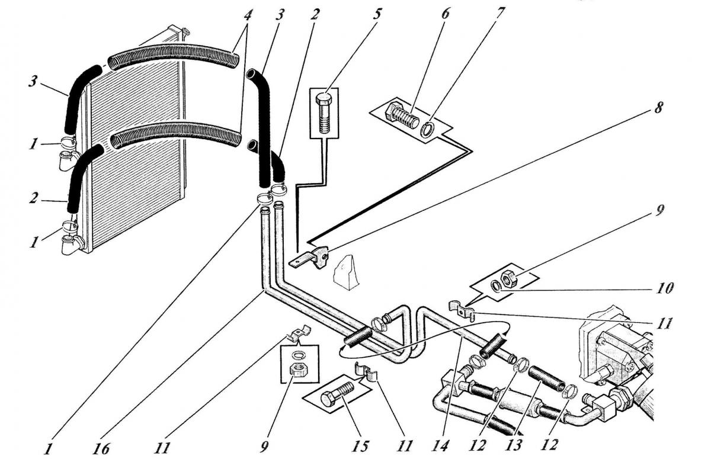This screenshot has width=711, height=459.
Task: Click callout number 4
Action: [248, 15]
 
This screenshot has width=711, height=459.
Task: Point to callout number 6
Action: [445, 14]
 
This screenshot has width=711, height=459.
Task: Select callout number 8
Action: [659, 108]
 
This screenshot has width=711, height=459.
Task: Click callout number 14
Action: [441, 446]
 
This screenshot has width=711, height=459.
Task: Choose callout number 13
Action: [514, 446]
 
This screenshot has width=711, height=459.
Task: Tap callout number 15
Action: [361, 447]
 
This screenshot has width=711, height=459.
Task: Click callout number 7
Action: [498, 14]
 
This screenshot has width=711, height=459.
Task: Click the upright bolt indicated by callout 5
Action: [324, 113]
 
